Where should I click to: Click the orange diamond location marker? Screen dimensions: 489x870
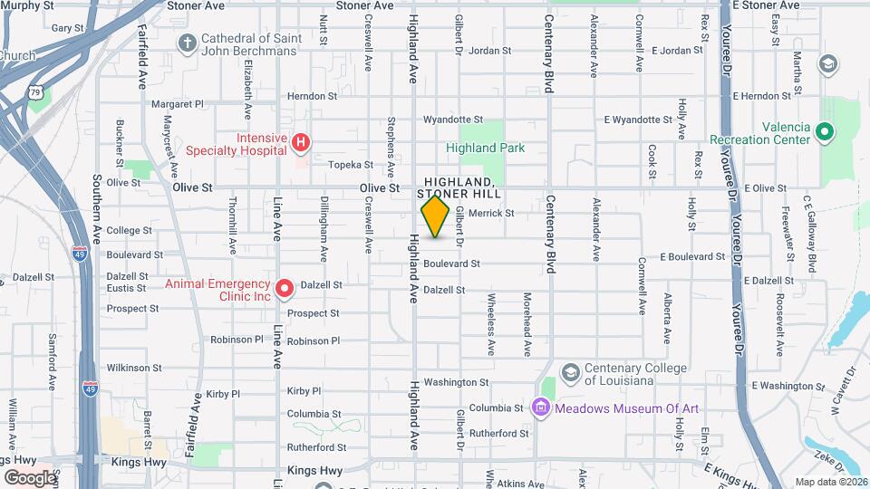[x=436, y=216]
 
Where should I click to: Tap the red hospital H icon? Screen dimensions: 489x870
[x=300, y=142]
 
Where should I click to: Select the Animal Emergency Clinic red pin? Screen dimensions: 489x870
[x=285, y=289]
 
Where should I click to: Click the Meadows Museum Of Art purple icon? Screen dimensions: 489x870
[x=541, y=407]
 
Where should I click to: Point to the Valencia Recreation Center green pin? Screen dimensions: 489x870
[x=824, y=133]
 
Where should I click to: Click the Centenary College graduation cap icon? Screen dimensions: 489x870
[x=570, y=373]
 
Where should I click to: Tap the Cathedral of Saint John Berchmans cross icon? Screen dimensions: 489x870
[x=187, y=43]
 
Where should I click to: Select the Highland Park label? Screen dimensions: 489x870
[x=485, y=148]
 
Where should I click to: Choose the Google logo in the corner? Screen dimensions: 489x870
[x=30, y=477]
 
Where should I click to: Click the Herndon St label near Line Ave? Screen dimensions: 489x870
[x=312, y=96]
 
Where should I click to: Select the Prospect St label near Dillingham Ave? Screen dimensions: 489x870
[x=314, y=313]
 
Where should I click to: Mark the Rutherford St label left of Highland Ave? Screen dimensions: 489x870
[x=316, y=447]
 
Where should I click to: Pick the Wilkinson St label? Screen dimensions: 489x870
[x=133, y=368]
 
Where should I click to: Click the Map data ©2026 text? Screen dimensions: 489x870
[x=830, y=482]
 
